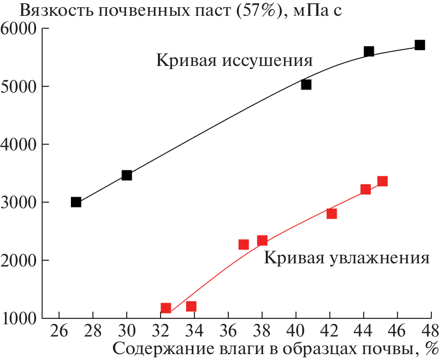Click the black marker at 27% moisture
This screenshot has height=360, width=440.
coord(76,202)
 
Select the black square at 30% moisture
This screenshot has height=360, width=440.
coord(127,175)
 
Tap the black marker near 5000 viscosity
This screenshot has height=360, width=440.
coord(306,84)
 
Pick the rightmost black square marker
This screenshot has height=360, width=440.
coord(420,45)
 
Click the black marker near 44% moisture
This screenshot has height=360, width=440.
coord(369,51)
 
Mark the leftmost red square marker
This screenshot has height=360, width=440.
coord(166,308)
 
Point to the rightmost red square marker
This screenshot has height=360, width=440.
coord(382,181)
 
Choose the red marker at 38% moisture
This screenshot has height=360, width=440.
coord(262,240)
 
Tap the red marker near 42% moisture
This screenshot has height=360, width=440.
coord(332,214)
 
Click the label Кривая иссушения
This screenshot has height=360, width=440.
coord(235,61)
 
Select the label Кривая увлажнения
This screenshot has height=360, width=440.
coord(346,258)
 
